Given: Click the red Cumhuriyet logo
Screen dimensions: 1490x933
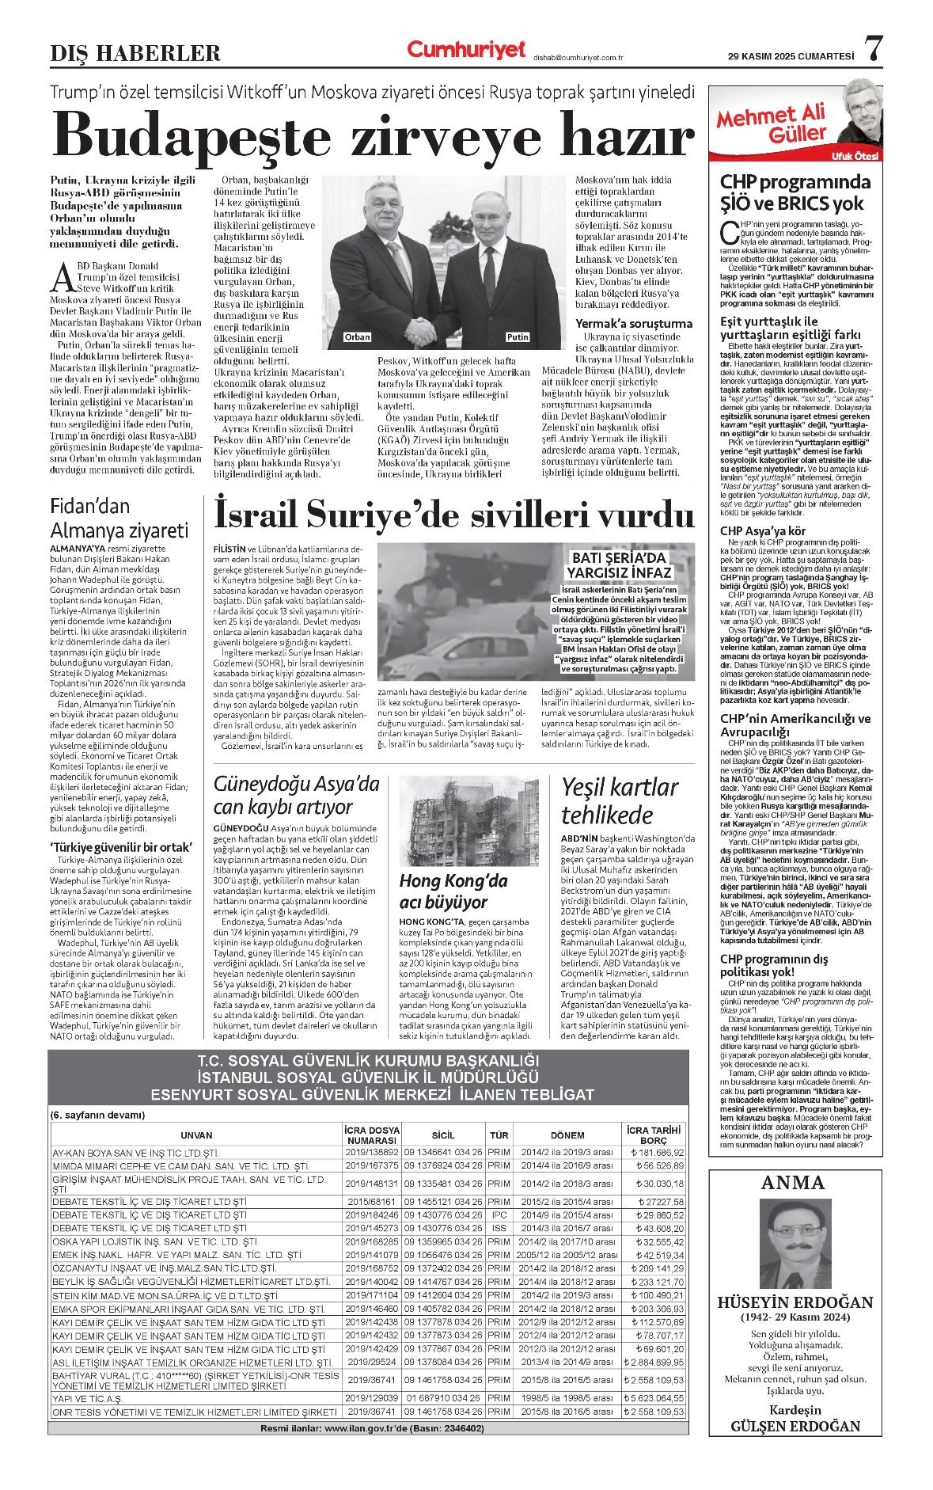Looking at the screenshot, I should tap(466, 50).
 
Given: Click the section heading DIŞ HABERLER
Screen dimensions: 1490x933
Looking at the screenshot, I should tap(135, 54).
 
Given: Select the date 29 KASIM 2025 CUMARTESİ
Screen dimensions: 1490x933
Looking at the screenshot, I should tap(791, 56).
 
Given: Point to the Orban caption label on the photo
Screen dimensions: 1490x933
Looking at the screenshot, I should tap(357, 337).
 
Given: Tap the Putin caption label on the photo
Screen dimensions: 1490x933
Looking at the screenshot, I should tap(518, 337).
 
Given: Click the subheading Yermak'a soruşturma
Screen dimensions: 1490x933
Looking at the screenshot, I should tap(633, 323).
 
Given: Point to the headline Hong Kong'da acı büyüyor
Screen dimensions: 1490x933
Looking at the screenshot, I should tap(453, 891).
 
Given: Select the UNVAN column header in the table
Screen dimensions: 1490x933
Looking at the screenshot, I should tap(195, 1135).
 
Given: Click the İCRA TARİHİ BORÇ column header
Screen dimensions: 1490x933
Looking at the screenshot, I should tap(653, 1135).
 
